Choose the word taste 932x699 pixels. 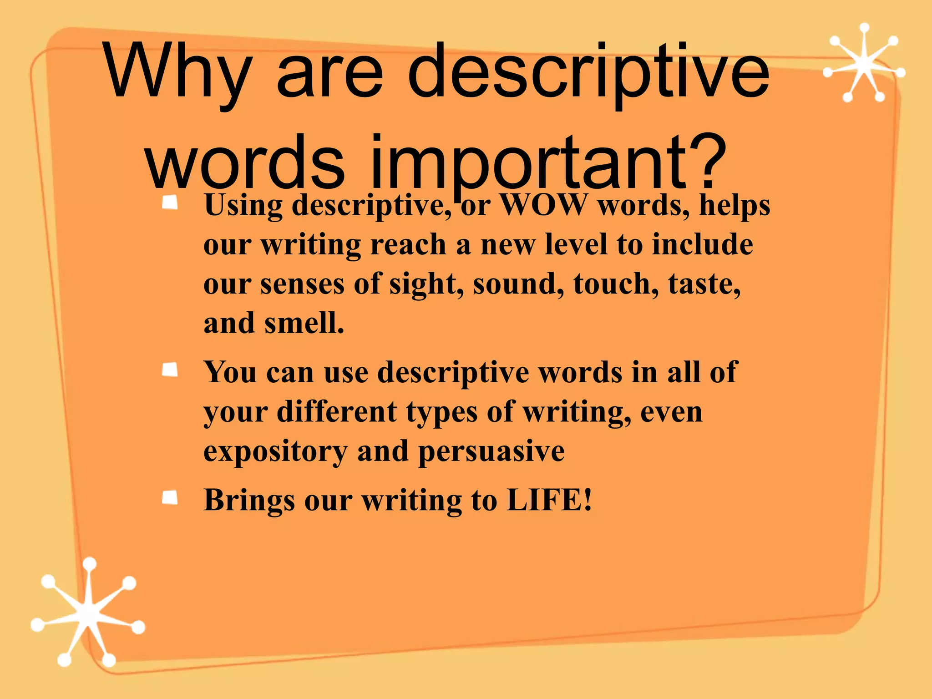pos(704,285)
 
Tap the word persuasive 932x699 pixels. pos(491,452)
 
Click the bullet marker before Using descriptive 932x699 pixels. pos(170,203)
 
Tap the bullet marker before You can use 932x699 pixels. pos(170,370)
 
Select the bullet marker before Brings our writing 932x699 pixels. pos(170,497)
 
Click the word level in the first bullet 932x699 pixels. pos(576,245)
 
